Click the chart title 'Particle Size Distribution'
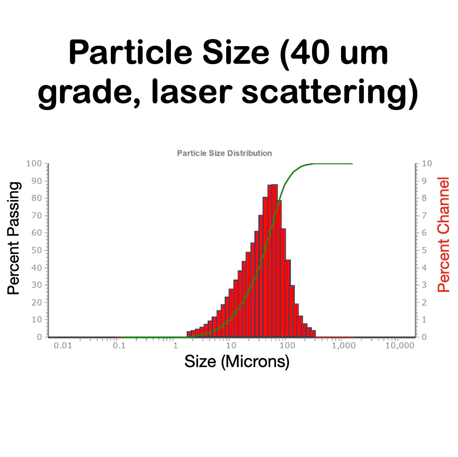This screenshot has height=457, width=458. (224, 153)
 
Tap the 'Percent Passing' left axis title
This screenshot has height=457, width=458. (13, 238)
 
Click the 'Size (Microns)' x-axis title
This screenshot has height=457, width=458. (237, 361)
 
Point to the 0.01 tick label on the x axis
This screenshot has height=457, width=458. (63, 346)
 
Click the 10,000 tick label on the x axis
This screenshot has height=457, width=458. (400, 346)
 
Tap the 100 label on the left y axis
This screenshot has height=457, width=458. (34, 164)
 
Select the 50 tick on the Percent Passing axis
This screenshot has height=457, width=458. (36, 250)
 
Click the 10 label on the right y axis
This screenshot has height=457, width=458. (427, 164)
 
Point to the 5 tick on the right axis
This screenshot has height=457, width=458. (424, 250)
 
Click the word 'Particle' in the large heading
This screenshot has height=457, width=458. (130, 53)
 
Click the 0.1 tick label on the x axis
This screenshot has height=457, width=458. (119, 346)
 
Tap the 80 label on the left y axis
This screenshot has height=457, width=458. (36, 198)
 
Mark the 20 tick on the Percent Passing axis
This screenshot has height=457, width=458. (36, 302)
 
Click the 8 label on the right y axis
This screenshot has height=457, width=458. (424, 198)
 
